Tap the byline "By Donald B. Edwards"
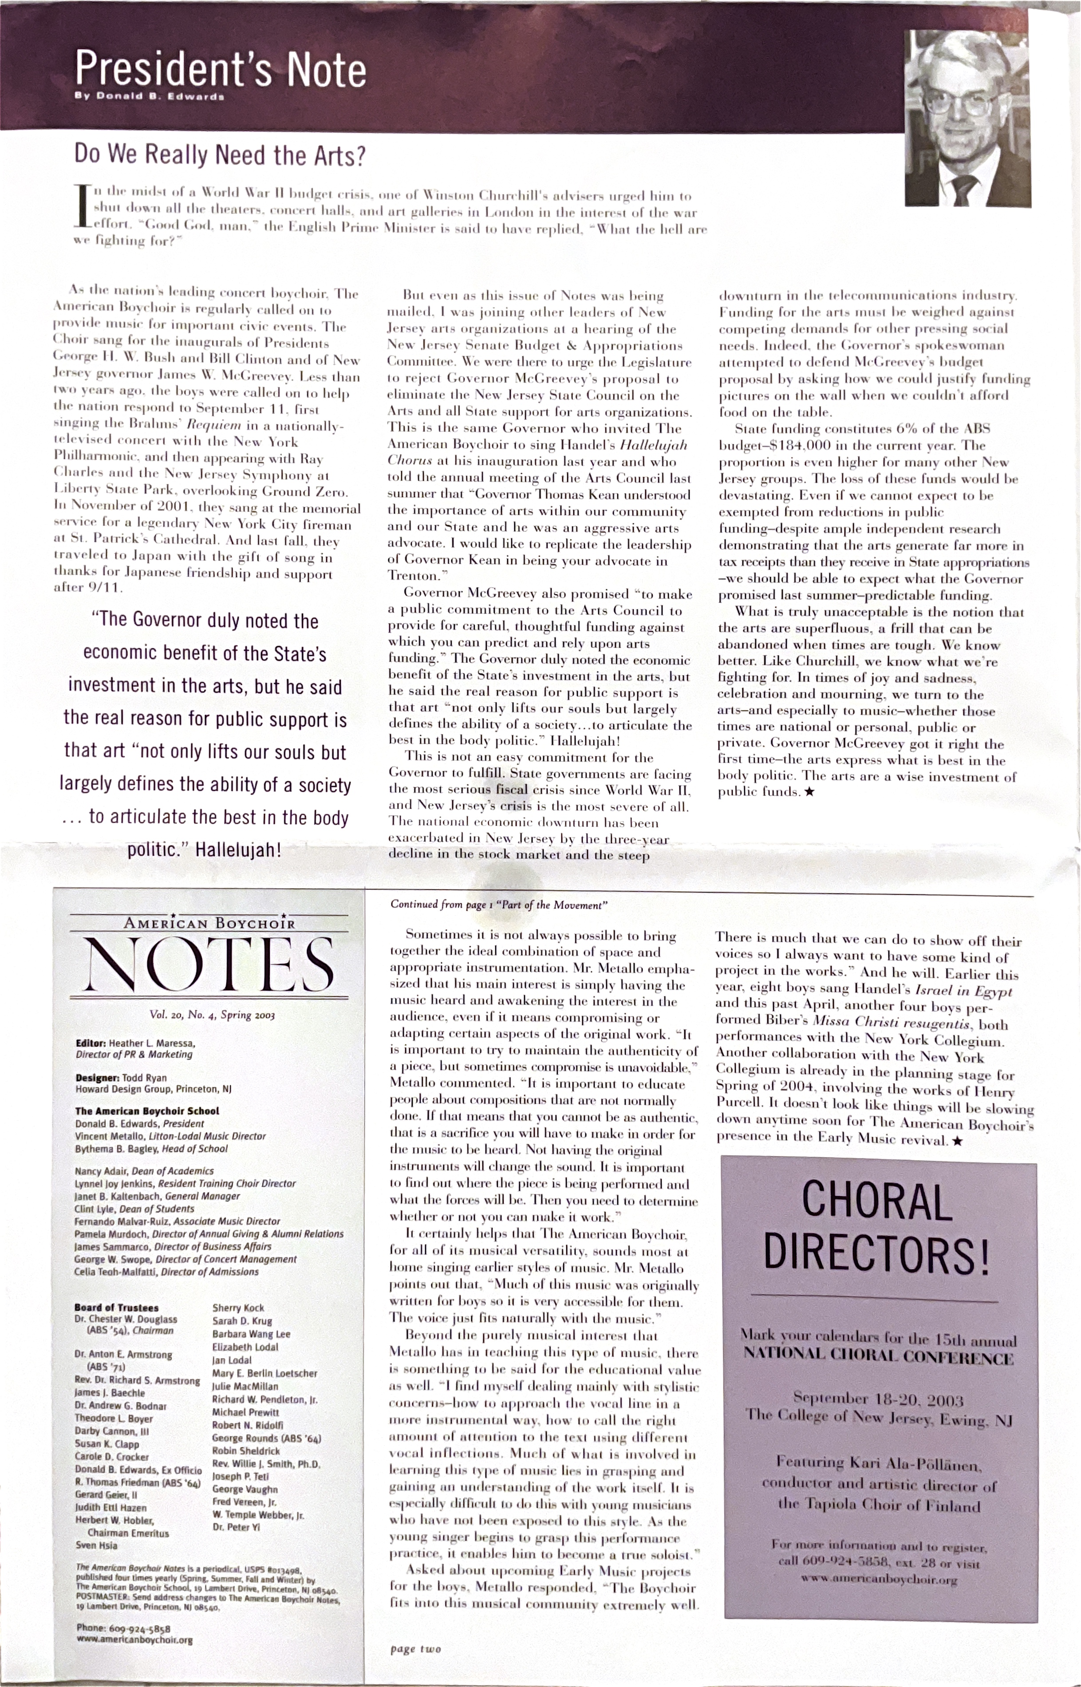(x=149, y=97)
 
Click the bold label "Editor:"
(x=91, y=1043)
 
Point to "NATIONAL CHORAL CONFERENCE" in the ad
(x=878, y=1357)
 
